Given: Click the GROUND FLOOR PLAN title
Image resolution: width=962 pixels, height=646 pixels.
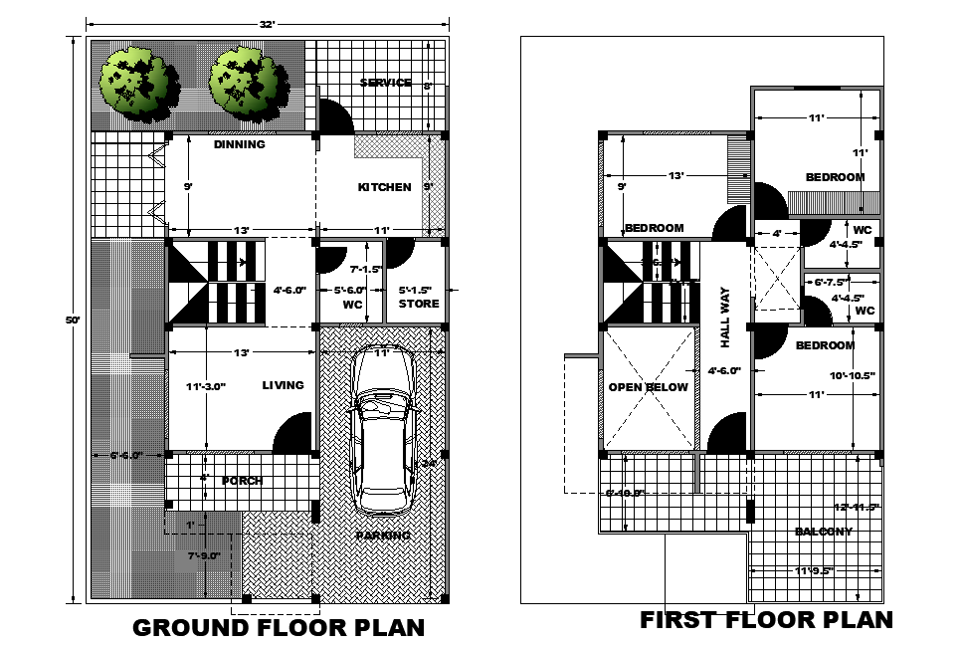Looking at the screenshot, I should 279,628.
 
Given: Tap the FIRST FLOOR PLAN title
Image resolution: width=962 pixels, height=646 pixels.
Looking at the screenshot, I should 766,620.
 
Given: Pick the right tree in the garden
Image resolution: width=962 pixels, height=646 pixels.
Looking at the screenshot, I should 243,80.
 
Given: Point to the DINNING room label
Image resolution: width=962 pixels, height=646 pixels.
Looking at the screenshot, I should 240,144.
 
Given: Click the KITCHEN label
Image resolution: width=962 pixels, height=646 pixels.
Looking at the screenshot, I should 384,187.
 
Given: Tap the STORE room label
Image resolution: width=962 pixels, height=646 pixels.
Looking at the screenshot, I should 419,304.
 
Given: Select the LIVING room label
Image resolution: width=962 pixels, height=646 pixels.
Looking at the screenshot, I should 284,385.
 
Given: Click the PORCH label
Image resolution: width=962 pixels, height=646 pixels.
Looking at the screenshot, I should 242,481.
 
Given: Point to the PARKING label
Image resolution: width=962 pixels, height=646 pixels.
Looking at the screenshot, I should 383,536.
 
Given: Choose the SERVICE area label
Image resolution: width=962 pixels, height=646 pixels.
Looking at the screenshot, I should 386,83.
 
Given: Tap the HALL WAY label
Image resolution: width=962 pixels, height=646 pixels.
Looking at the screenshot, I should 725,317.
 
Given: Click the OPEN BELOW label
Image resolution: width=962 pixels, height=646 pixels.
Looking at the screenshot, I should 649,387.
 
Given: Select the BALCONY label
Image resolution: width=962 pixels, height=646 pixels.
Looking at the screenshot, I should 824,532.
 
